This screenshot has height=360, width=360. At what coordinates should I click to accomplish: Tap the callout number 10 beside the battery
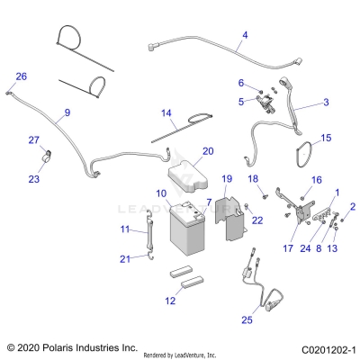click(x=161, y=193)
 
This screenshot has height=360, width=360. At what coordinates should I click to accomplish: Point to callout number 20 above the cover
click(x=208, y=151)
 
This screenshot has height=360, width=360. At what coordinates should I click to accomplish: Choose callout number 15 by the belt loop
click(x=326, y=138)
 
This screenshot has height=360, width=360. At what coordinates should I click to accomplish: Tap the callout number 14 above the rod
click(x=166, y=113)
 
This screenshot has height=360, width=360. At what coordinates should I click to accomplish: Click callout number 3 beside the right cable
click(x=325, y=103)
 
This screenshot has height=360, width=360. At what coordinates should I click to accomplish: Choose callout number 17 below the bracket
click(x=264, y=248)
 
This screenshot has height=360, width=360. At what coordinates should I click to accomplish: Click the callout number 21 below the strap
click(x=125, y=259)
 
